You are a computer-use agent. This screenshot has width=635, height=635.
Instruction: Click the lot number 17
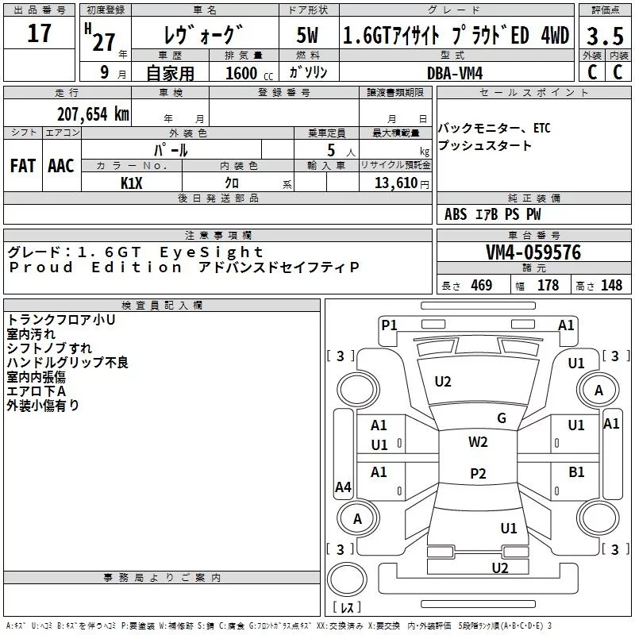click(x=39, y=34)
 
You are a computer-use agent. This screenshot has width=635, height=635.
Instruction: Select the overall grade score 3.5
click(x=604, y=37)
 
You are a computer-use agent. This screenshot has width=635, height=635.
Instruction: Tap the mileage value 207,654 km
click(x=93, y=114)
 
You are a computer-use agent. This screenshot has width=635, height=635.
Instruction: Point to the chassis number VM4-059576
click(x=533, y=253)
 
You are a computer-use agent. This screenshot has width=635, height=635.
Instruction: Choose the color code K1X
click(x=132, y=183)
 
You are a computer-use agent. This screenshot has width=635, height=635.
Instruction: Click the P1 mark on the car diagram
click(x=389, y=324)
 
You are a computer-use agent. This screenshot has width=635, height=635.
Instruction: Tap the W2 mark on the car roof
click(x=478, y=442)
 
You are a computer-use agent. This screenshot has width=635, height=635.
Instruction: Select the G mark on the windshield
click(x=502, y=418)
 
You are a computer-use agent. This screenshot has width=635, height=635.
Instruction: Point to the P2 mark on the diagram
click(x=478, y=474)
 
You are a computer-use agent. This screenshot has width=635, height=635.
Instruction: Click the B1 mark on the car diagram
click(x=576, y=472)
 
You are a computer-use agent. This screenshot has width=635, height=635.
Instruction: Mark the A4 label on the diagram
click(x=343, y=487)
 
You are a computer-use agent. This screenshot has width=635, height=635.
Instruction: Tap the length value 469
click(x=481, y=286)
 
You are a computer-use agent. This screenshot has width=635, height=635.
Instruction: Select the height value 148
click(x=611, y=286)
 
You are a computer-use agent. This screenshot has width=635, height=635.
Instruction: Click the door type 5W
click(x=308, y=36)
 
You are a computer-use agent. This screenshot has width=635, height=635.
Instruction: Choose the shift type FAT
click(x=23, y=166)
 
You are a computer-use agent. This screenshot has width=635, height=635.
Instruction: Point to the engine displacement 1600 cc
click(x=242, y=73)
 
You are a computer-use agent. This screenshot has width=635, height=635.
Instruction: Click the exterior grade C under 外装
click(x=592, y=71)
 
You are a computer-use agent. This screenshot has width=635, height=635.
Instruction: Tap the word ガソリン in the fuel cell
click(x=309, y=72)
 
